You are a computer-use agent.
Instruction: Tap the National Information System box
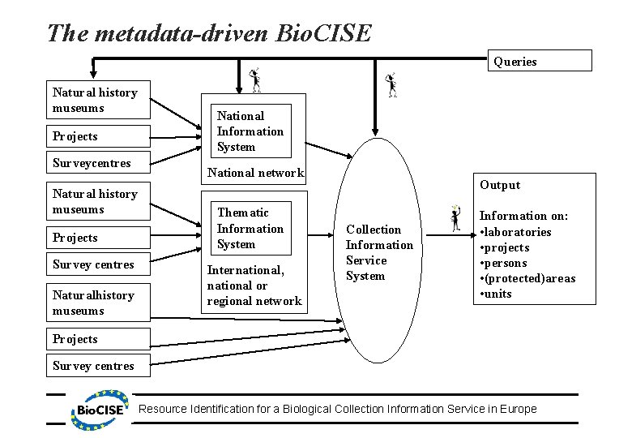click(250, 131)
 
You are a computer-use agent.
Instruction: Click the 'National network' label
click(255, 172)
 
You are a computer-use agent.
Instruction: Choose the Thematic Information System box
click(250, 229)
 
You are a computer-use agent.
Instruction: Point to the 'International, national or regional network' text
click(254, 286)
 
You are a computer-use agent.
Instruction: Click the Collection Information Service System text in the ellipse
click(379, 252)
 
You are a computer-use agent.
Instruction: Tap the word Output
click(500, 185)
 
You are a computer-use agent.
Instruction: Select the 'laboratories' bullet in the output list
click(519, 232)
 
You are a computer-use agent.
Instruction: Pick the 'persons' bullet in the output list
click(506, 263)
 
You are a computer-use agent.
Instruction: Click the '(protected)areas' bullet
click(530, 278)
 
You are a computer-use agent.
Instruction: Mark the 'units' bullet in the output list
click(498, 294)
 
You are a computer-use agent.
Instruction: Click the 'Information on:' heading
click(524, 216)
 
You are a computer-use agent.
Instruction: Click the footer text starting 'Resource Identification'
click(338, 409)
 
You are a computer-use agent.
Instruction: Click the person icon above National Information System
click(255, 78)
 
